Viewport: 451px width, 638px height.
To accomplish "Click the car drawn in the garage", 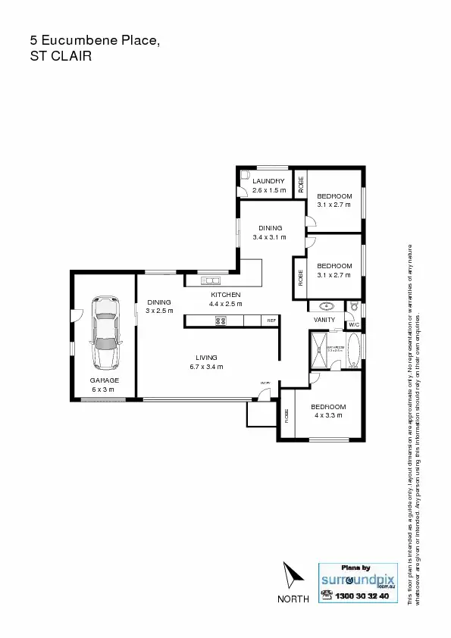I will click(x=105, y=331).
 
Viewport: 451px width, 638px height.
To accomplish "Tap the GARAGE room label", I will click(x=103, y=380).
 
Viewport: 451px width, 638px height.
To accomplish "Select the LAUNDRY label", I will click(x=268, y=181).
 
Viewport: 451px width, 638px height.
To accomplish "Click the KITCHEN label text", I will click(x=226, y=295).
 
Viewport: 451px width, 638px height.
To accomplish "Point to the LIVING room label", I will click(x=206, y=358).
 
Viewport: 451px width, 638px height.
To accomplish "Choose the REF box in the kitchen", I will click(x=271, y=321).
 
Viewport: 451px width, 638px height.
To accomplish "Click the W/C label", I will click(x=353, y=325).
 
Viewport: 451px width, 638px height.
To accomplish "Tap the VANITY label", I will click(x=324, y=320).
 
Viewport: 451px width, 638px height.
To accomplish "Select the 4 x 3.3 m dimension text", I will click(x=330, y=415).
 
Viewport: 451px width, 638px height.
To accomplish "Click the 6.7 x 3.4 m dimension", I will click(x=206, y=367).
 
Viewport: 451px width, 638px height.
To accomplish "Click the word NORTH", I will click(x=293, y=599).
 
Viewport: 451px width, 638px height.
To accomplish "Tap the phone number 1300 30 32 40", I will click(x=362, y=596).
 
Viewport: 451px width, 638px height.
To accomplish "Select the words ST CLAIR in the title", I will click(x=61, y=55).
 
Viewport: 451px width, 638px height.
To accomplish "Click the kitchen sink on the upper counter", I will click(x=211, y=281).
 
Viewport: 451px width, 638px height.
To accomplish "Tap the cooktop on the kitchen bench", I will click(x=221, y=321).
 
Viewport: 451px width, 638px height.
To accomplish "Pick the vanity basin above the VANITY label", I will click(x=327, y=307).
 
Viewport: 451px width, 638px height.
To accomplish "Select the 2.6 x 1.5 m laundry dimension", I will click(x=269, y=190).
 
